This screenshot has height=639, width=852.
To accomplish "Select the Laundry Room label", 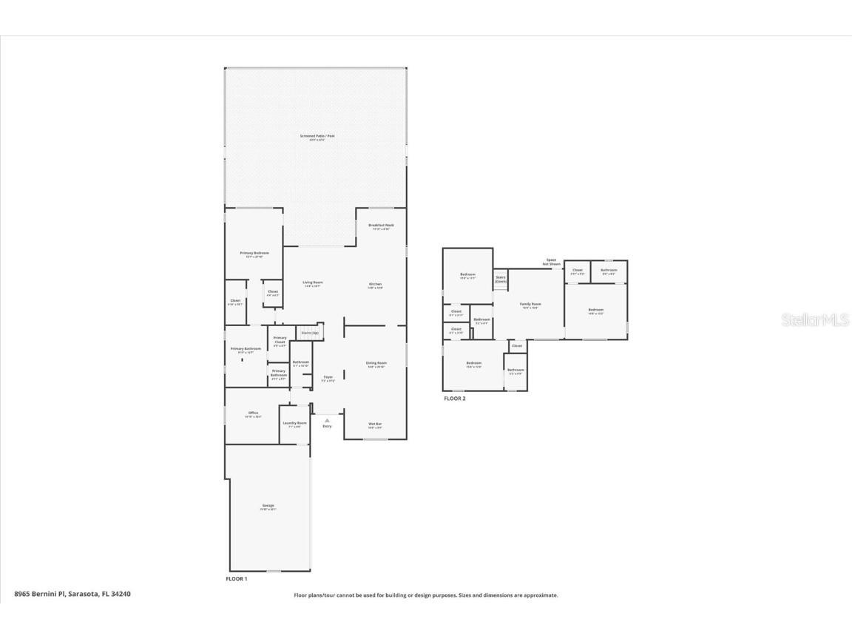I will [294, 424].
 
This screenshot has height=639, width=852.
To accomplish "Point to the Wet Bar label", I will [375, 425].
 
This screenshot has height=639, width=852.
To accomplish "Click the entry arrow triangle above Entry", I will [327, 420].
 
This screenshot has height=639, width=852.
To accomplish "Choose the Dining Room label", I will [376, 363].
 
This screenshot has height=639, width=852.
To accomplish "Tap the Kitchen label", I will [375, 285].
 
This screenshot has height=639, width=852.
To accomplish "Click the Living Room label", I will [313, 283].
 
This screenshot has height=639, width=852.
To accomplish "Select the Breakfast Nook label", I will [381, 226].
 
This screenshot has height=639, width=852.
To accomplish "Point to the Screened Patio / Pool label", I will [317, 136].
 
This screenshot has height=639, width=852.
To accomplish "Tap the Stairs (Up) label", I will [309, 333].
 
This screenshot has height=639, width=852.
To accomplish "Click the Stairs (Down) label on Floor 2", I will [501, 280].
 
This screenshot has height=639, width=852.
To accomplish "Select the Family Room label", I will [530, 305].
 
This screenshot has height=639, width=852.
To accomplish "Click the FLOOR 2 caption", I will [454, 399].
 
